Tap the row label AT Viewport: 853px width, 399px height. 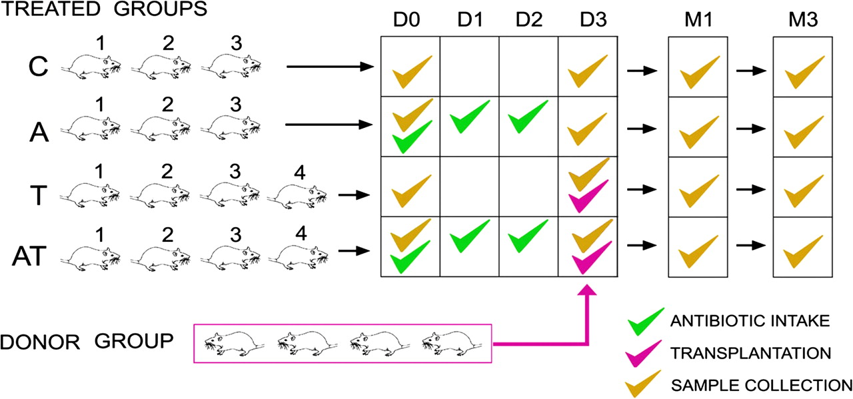click(x=29, y=256)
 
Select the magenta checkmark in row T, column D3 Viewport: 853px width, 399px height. click(x=588, y=197)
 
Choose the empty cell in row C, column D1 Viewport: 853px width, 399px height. click(x=469, y=66)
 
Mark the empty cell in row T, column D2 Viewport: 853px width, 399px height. click(x=528, y=187)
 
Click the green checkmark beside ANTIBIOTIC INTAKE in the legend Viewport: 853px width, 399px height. click(x=645, y=322)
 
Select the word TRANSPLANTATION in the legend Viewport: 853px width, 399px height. click(x=752, y=352)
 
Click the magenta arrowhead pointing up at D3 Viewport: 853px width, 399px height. click(x=588, y=291)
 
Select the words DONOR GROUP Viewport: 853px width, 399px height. click(x=87, y=342)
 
